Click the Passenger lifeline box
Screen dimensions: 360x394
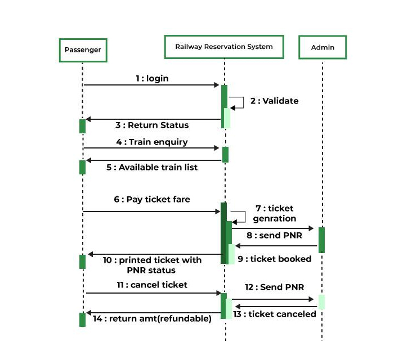pos(83,49)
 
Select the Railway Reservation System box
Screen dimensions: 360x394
pos(223,47)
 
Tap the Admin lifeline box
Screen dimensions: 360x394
pos(323,47)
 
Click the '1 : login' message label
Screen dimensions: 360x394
pos(152,79)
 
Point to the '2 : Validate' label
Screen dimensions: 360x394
pos(274,101)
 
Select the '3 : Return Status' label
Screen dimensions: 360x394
pos(152,125)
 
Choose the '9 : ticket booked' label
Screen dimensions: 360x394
pos(274,259)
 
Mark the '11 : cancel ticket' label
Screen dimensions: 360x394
pos(152,285)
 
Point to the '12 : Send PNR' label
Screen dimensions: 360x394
pos(274,287)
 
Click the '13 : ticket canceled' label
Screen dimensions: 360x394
pos(275,314)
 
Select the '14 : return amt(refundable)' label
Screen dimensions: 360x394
pos(152,319)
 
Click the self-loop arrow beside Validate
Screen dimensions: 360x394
pos(238,102)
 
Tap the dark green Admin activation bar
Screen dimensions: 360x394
pos(321,240)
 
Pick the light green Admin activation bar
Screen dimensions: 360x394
pos(321,301)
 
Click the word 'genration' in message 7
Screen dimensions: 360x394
pos(275,218)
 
